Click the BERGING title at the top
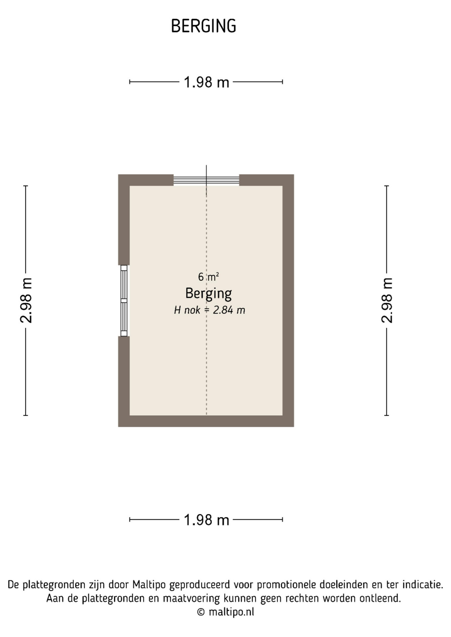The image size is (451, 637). [x=203, y=26]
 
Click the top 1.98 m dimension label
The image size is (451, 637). [x=207, y=82]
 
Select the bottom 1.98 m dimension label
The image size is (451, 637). [x=207, y=520]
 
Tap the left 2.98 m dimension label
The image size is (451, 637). [x=26, y=300]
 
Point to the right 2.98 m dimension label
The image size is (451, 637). [x=387, y=300]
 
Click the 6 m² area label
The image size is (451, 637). [x=208, y=277]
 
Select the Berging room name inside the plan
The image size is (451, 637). [x=209, y=294]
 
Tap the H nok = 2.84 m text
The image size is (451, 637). [x=210, y=310]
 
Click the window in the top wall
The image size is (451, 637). [x=206, y=180]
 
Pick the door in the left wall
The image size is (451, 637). [x=124, y=301]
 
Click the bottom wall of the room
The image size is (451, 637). [x=206, y=421]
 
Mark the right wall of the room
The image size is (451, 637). [x=288, y=300]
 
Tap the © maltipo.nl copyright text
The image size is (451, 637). [x=225, y=612]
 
